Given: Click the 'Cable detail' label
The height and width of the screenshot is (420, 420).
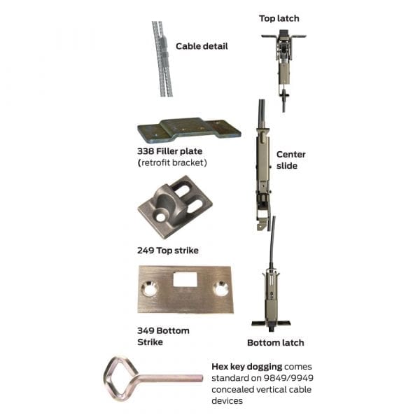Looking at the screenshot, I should (x=202, y=46).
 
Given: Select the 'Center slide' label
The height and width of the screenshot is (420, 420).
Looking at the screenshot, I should (x=291, y=160).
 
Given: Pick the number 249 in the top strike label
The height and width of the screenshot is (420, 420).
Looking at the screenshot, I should (x=146, y=250).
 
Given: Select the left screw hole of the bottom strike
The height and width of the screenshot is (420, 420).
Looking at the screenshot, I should (x=149, y=288).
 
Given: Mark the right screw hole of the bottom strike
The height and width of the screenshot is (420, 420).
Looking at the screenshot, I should (x=221, y=288).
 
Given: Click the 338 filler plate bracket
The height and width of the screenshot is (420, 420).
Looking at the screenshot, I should (x=189, y=130).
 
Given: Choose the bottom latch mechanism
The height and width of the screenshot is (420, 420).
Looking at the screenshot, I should (x=270, y=297).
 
